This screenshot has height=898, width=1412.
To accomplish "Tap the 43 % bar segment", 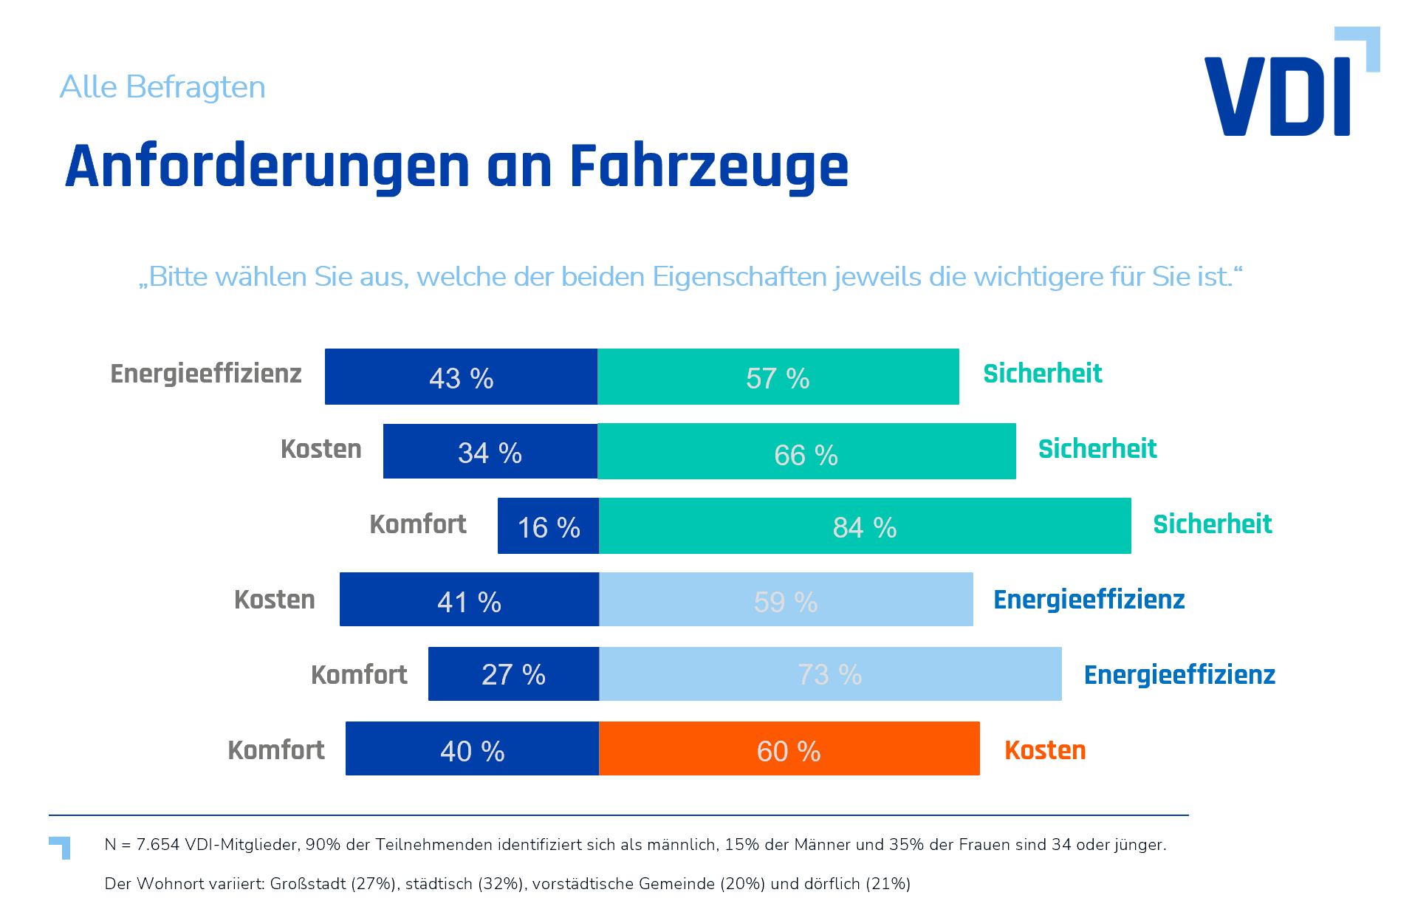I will [x=461, y=377].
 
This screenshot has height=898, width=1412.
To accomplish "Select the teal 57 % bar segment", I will [x=778, y=377].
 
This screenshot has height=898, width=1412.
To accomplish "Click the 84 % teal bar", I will [x=864, y=526].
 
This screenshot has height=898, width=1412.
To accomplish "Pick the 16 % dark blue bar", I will [x=548, y=526].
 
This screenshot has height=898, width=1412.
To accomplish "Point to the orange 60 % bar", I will [x=789, y=749].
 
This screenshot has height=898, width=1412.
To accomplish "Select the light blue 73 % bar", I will [x=830, y=673].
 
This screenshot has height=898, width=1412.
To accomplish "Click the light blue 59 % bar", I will [x=786, y=600].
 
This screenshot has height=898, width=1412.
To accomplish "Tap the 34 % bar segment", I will [x=490, y=451].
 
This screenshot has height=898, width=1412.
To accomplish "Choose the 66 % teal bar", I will [x=806, y=451].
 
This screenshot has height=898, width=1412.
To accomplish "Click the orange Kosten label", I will [x=1045, y=750].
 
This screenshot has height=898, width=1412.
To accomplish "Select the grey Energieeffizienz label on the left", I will [x=206, y=374].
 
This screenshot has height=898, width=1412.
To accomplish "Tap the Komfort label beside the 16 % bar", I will [x=418, y=524].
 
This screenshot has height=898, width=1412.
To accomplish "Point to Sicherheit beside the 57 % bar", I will [x=1043, y=374].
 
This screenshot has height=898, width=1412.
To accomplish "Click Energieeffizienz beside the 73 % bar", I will [x=1179, y=675].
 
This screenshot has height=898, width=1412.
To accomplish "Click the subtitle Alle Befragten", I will [x=162, y=87].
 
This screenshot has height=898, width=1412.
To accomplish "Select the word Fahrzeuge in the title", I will [x=709, y=167].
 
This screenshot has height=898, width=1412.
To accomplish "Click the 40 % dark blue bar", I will [x=472, y=749].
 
